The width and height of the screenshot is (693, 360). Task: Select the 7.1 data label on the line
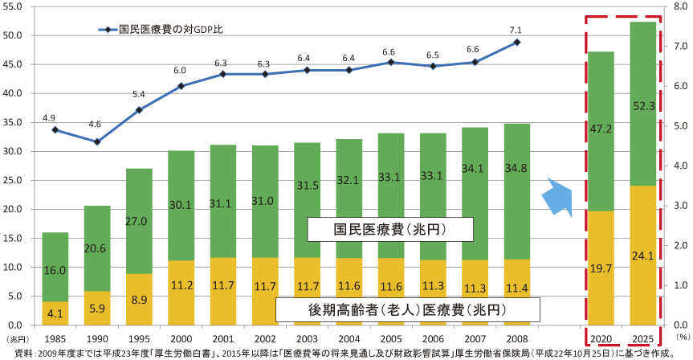pyautogui.click(x=517, y=30)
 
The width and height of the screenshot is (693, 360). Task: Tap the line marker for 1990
pyautogui.click(x=96, y=141)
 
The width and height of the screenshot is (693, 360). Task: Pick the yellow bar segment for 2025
pyautogui.click(x=642, y=255)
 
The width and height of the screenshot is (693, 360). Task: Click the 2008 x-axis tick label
pyautogui.click(x=517, y=337)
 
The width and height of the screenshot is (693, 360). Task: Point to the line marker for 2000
pyautogui.click(x=181, y=86)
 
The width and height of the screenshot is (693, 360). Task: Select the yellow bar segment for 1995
pyautogui.click(x=138, y=299)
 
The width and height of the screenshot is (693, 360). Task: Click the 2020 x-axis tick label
pyautogui.click(x=601, y=337)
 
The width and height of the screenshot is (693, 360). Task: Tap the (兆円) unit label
pyautogui.click(x=16, y=338)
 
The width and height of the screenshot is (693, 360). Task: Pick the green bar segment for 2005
pyautogui.click(x=391, y=195)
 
